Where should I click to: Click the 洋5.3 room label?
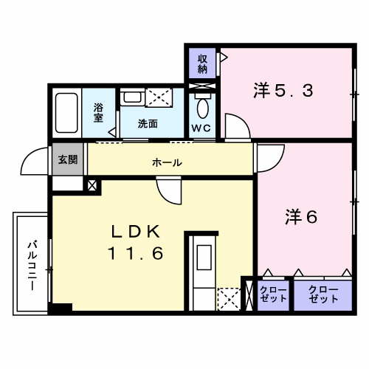click(x=284, y=92)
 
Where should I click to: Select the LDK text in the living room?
click(x=136, y=232)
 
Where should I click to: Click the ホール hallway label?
click(x=167, y=162)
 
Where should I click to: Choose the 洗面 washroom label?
click(x=148, y=124)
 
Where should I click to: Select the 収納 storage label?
click(x=201, y=63)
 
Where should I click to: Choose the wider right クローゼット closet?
click(x=323, y=294)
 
